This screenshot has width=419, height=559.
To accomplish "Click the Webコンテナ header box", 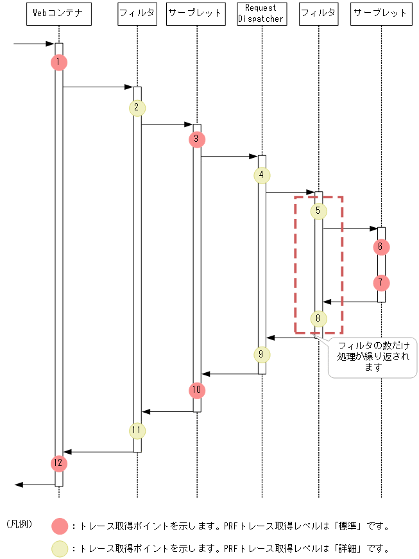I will [x=58, y=13].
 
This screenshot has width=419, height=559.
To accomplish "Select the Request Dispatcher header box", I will [x=262, y=13].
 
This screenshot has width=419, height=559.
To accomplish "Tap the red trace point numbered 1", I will [x=58, y=62].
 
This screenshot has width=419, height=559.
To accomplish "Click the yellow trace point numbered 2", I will [x=137, y=107].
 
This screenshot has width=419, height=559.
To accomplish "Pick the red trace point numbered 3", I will [x=197, y=139].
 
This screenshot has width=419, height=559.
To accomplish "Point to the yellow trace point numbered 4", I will [x=262, y=175].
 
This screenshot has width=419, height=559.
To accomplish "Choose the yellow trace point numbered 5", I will [x=318, y=210].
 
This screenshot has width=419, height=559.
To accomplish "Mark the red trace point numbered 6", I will [x=381, y=246].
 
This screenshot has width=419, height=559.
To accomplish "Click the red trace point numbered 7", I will [x=381, y=282].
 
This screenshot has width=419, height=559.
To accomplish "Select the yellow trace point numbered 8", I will [x=318, y=318].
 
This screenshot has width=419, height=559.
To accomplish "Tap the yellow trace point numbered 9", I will [x=262, y=354].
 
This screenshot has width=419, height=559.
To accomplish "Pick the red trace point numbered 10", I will [x=197, y=390].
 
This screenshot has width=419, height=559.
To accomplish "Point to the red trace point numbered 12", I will [x=58, y=462].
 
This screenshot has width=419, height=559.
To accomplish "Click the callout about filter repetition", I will [x=373, y=357].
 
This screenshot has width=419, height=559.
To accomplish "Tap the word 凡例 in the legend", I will [x=19, y=524].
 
